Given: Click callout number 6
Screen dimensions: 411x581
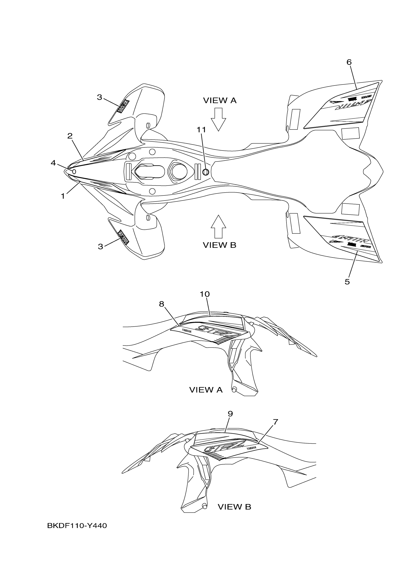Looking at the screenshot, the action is [349, 62].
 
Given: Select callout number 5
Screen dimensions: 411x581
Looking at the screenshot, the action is [347, 282].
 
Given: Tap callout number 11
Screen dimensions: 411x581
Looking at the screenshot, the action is [201, 129].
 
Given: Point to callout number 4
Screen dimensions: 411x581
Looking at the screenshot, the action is [53, 163].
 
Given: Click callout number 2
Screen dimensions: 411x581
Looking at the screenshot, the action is [70, 136].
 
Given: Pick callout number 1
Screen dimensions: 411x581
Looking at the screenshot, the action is [63, 196].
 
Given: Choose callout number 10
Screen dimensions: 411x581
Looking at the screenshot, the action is [205, 294].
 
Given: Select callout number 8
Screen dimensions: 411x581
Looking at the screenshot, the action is [161, 304].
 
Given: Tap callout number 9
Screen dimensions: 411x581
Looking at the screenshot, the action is [230, 414].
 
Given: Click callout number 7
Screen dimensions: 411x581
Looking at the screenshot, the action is [276, 422].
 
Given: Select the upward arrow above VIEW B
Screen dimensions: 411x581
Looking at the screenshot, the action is [218, 226].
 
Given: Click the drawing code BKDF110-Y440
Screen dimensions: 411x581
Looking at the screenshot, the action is [77, 526].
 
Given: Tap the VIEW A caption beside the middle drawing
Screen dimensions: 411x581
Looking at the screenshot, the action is [206, 390].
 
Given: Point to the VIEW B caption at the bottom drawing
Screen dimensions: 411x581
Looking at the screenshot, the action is [234, 507].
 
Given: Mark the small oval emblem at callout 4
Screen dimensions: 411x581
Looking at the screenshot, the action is [74, 172].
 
